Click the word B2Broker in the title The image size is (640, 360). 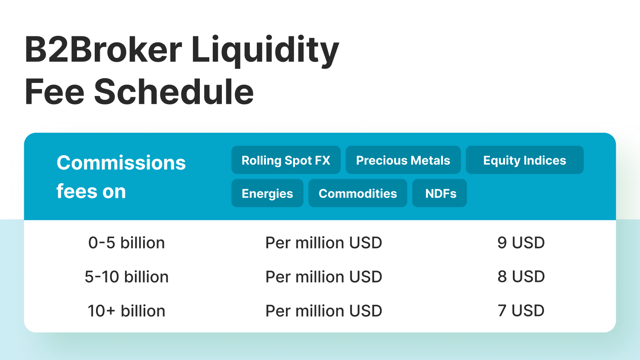tap(103, 49)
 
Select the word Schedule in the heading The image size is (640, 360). tap(174, 92)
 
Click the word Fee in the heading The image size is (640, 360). tap(54, 92)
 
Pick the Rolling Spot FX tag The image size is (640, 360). tap(286, 160)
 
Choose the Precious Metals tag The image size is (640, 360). tap(403, 160)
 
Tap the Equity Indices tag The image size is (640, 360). tap(525, 160)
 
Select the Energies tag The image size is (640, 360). tap(267, 193)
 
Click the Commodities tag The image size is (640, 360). tap(358, 193)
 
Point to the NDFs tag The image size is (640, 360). tap(439, 193)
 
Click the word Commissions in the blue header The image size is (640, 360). tap(121, 162)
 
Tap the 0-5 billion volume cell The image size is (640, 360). tap(127, 243)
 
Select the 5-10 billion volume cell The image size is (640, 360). tap(127, 277)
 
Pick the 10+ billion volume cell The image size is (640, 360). tap(127, 311)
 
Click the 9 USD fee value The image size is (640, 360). tap(521, 243)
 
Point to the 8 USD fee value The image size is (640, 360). tap(521, 277)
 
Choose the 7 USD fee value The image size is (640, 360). tap(521, 311)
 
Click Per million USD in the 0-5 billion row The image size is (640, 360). tap(324, 243)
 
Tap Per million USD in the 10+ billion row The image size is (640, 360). tap(324, 311)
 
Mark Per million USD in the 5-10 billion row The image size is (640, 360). tap(324, 277)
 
